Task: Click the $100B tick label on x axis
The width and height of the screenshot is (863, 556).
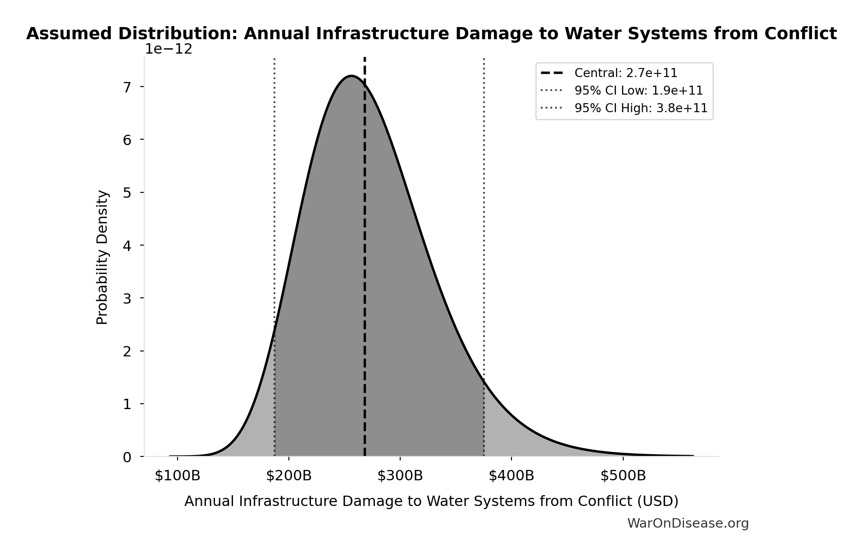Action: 177,476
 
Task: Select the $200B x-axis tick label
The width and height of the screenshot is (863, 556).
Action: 288,476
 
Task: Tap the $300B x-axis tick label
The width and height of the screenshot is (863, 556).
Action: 400,476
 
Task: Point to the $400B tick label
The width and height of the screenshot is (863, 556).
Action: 511,476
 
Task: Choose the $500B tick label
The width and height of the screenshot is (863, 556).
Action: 623,476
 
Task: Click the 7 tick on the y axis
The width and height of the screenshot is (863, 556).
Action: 127,87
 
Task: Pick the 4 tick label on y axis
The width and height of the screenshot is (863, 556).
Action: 127,246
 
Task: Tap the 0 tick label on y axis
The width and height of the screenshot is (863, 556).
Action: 127,457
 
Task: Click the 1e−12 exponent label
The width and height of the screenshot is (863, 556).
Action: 169,49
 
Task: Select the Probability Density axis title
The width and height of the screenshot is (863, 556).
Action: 102,257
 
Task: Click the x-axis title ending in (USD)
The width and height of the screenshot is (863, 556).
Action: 431,501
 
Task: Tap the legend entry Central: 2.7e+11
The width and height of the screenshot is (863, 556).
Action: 626,73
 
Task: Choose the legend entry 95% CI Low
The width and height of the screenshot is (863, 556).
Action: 638,91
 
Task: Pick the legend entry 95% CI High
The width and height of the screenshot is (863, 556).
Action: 640,108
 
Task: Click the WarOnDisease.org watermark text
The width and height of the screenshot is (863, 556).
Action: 688,524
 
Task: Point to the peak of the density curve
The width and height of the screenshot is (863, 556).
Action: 351,76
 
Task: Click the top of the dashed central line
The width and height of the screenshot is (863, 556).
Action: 365,59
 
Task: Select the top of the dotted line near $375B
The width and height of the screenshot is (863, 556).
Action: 484,59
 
